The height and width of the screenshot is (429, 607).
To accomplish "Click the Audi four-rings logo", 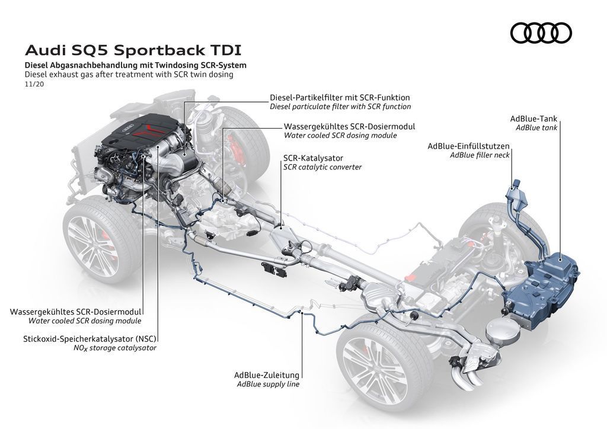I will (x=541, y=33).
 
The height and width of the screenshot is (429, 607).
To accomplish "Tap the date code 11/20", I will (x=34, y=85).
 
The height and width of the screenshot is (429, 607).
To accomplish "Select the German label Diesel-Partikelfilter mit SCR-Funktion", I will (x=340, y=97).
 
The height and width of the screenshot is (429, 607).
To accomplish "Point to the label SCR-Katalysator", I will (x=313, y=158).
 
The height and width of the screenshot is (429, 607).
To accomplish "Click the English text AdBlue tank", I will (x=536, y=127).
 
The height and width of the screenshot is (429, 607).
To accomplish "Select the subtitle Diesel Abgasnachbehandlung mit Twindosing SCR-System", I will (x=136, y=65).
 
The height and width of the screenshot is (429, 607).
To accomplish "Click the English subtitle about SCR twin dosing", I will (x=129, y=75).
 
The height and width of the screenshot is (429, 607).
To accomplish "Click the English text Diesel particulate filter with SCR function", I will (x=340, y=107).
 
